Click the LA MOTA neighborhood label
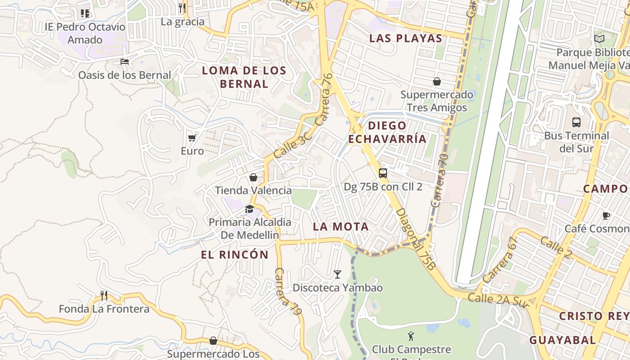[x=341, y=227]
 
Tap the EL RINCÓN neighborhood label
[x=234, y=255]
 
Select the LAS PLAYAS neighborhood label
[x=406, y=38]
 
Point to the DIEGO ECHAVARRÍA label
[x=387, y=132]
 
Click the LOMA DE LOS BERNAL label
[x=244, y=77]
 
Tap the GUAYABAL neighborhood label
[x=562, y=340]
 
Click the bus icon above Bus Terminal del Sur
[x=576, y=122]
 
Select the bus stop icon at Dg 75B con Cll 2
[x=382, y=173]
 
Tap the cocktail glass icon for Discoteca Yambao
[x=337, y=274]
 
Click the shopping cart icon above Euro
[x=192, y=138]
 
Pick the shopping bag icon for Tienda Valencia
[x=253, y=177]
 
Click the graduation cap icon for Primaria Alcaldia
[x=249, y=209]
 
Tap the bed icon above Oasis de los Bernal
[x=125, y=61]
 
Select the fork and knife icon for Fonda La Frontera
[x=104, y=295]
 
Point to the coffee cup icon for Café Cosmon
[x=606, y=216]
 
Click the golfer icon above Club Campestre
[x=410, y=336]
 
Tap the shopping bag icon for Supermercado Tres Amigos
[x=436, y=81]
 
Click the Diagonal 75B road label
[x=416, y=239]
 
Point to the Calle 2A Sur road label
[x=498, y=300]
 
